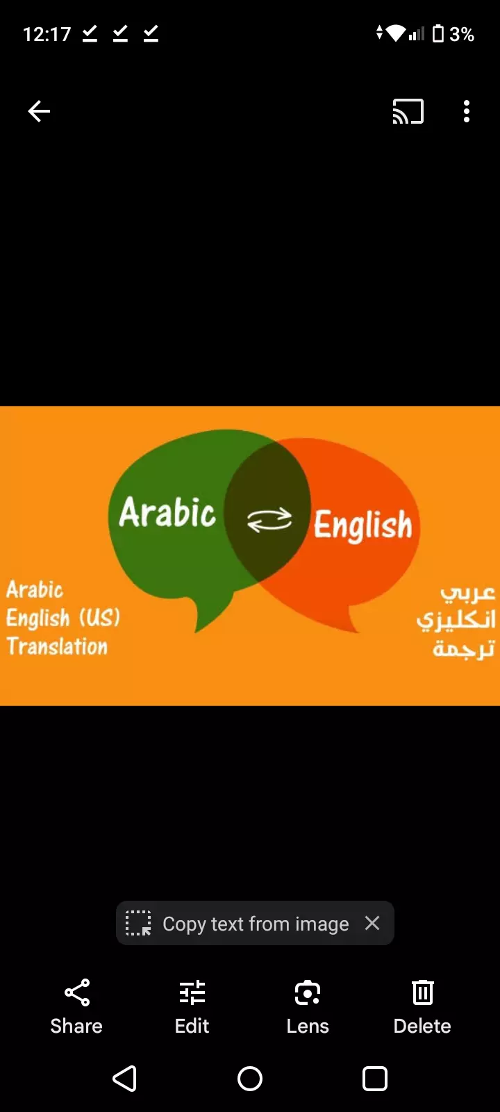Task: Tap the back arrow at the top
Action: tap(39, 111)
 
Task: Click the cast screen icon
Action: tap(408, 111)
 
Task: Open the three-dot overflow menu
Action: tap(467, 111)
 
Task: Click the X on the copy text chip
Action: tap(372, 923)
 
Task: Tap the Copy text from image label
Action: tap(256, 924)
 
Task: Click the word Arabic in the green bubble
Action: tap(167, 514)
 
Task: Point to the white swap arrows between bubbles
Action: tap(269, 520)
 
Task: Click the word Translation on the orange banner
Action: tap(58, 646)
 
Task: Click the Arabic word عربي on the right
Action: tap(467, 592)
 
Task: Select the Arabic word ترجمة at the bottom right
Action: tap(463, 648)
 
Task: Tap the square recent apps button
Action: tap(375, 1079)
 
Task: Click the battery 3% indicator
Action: tap(453, 34)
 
